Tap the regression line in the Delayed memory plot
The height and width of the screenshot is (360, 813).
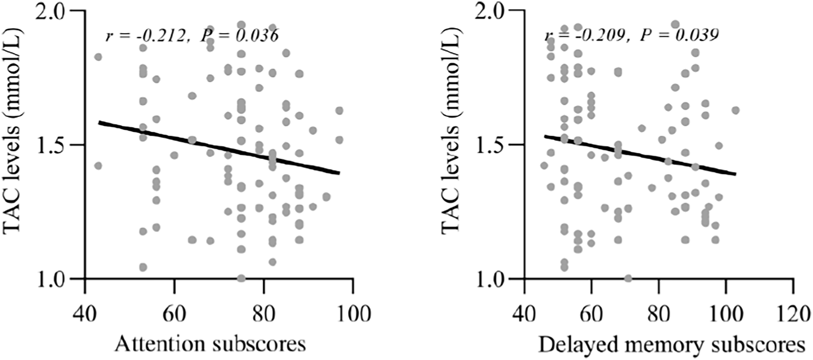click(x=638, y=155)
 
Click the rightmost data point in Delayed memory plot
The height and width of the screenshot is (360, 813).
click(x=735, y=110)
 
